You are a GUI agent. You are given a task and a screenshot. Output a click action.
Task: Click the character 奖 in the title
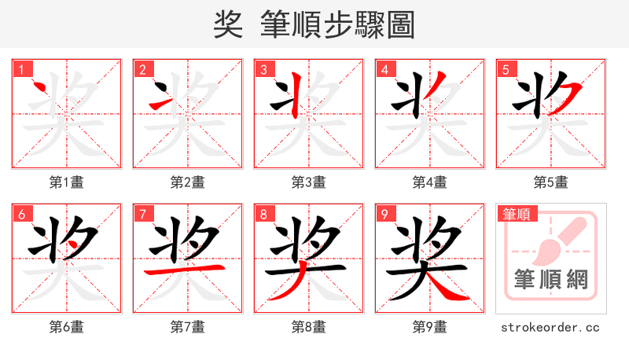pyautogui.click(x=228, y=25)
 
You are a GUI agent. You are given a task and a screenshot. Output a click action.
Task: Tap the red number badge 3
pyautogui.click(x=264, y=69)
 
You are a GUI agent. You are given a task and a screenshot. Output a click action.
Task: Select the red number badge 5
pyautogui.click(x=506, y=69)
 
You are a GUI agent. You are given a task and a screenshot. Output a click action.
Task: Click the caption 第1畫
pyautogui.click(x=67, y=182)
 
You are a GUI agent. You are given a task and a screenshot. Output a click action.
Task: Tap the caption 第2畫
pyautogui.click(x=188, y=182)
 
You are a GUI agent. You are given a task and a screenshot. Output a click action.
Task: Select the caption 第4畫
pyautogui.click(x=430, y=182)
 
